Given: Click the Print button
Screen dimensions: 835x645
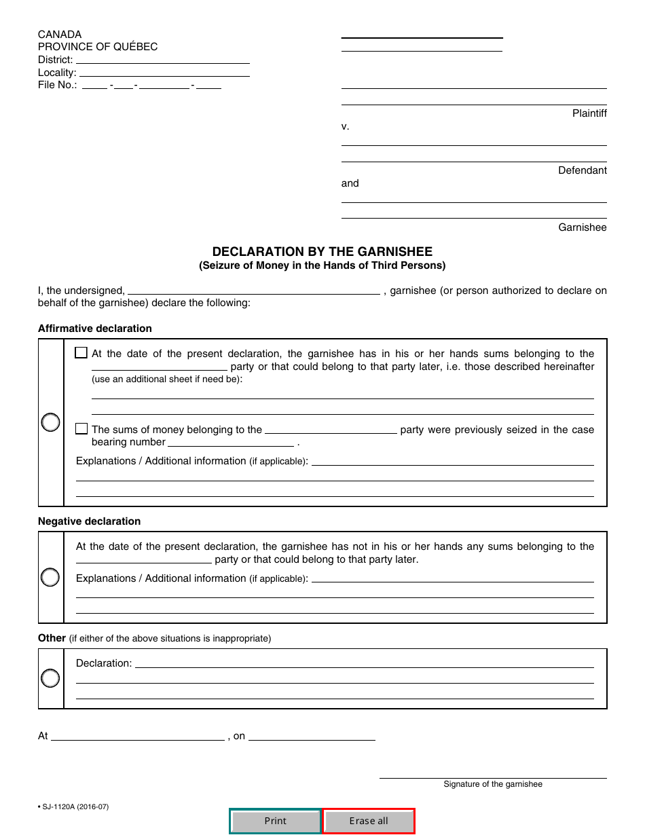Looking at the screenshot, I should pos(275,821).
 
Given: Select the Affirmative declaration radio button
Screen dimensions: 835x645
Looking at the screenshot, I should pos(51,422).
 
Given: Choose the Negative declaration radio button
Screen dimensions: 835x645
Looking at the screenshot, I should pos(51,578).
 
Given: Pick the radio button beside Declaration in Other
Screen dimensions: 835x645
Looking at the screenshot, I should pos(51,678).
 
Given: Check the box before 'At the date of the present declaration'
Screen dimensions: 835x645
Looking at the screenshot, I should pos(81,353).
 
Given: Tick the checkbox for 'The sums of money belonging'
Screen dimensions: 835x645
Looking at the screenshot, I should pos(81,429).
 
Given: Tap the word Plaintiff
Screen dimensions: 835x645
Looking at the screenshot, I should pos(589,113).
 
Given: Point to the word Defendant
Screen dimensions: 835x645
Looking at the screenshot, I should pos(583,170).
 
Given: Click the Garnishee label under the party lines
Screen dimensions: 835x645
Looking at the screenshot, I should pos(583,227).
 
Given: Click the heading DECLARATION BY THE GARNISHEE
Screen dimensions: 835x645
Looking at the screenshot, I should pos(322,252).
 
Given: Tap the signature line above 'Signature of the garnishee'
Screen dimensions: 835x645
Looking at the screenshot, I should pos(493,773).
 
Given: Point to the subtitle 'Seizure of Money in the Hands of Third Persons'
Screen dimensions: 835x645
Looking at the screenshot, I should pos(322,265).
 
